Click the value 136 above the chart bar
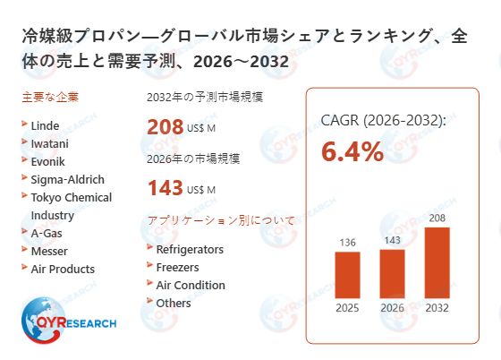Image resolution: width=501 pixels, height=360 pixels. pos(347,242)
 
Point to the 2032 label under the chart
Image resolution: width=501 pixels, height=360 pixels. pos(437,308)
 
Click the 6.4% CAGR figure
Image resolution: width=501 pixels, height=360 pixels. pos(352,152)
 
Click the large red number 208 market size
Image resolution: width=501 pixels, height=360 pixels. pos(165,127)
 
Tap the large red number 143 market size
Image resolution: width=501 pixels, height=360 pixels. pos(165,188)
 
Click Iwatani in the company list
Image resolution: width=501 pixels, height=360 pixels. pos(49,143)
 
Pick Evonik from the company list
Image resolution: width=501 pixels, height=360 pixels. pos(47,161)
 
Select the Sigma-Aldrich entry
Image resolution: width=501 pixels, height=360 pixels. pos(67,179)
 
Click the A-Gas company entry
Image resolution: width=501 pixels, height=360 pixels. pos(47,233)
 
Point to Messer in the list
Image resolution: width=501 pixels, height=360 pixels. pos(50,251)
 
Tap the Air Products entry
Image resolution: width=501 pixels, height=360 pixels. pos(62,269)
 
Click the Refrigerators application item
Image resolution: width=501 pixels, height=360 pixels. pos(190,249)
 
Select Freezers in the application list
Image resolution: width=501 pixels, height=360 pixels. pos(177,267)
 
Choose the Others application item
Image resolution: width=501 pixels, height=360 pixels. pos(174,303)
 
